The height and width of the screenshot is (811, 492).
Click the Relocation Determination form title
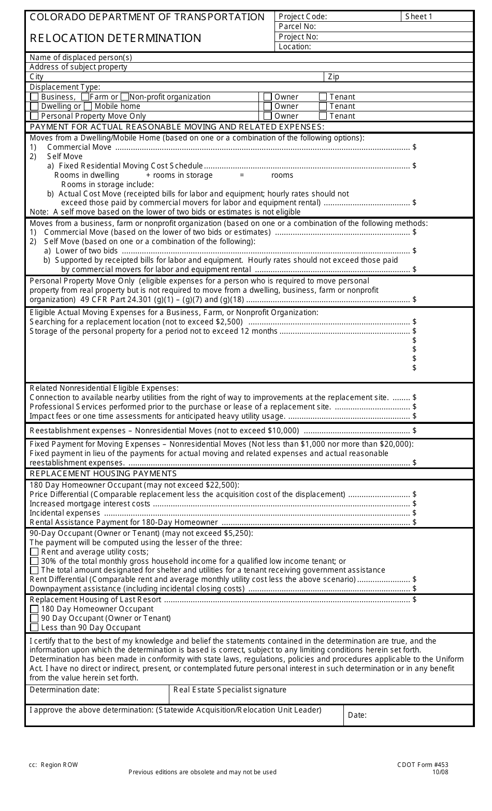(115, 38)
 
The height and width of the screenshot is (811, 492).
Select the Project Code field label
(302, 17)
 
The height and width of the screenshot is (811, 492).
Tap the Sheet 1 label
(418, 17)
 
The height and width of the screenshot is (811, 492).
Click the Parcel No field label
(297, 26)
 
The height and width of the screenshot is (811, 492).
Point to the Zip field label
(334, 77)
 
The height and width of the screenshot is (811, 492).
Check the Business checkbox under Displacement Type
(34, 97)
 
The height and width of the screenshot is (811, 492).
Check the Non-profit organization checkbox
(124, 97)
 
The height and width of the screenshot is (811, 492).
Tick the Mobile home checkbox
(88, 106)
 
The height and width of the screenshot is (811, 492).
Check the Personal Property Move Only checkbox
(34, 116)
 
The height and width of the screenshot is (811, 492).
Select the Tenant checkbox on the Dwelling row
(323, 106)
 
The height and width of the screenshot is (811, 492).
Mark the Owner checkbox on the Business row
(268, 97)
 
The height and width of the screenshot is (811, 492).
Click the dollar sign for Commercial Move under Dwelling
(414, 147)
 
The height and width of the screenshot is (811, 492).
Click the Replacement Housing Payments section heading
(103, 474)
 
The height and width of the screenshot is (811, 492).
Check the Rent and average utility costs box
(34, 552)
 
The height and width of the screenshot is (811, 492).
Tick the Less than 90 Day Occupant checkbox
(34, 628)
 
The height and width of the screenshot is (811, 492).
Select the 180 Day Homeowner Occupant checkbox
(34, 609)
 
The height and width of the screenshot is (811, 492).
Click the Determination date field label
(64, 690)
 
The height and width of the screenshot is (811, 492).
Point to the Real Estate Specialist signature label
(229, 690)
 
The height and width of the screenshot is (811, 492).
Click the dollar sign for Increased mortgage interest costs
(414, 504)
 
